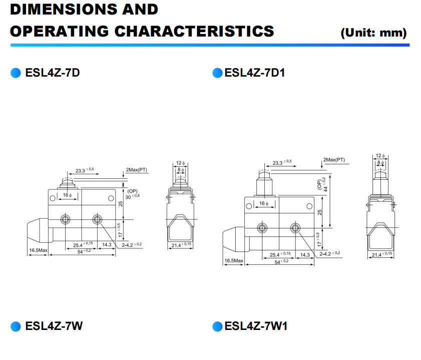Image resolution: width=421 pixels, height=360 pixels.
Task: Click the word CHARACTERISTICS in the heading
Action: [x=194, y=31]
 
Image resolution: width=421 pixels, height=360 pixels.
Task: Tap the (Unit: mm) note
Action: [x=373, y=33]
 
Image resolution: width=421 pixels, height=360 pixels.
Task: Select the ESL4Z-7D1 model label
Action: [x=255, y=73]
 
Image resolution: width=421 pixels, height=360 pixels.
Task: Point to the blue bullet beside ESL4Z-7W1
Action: [x=217, y=326]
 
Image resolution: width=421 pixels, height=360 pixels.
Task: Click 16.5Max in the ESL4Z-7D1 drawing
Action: [x=233, y=261]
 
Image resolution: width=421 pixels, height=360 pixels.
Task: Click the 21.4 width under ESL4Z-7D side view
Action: [x=181, y=245]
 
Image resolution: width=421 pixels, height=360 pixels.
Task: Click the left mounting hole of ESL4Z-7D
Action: [x=65, y=219]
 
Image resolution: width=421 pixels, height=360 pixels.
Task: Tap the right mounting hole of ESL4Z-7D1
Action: [x=295, y=228]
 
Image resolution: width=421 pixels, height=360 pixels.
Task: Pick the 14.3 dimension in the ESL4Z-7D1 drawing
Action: [x=304, y=255]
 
